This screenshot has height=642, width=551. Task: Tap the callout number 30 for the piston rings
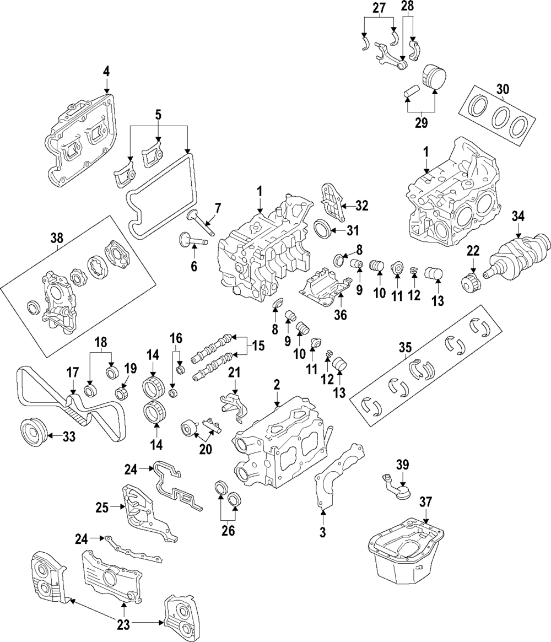pyautogui.click(x=502, y=88)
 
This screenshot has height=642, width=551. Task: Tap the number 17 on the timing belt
pyautogui.click(x=73, y=373)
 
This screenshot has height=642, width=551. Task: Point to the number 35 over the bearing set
pyautogui.click(x=405, y=348)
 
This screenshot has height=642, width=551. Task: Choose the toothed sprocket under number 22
pyautogui.click(x=471, y=283)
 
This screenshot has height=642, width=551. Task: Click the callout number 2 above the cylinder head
pyautogui.click(x=277, y=384)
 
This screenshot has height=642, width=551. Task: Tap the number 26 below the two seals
pyautogui.click(x=228, y=530)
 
